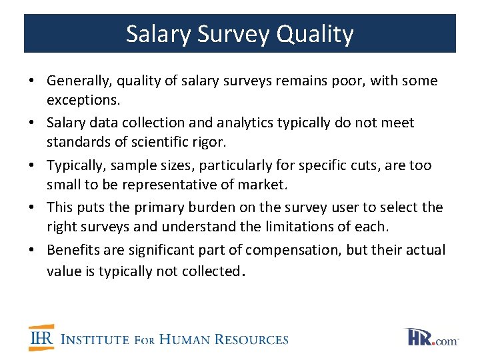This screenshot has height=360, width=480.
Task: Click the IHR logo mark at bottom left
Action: pos(42,339)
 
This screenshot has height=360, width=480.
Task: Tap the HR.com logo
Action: pos(431,337)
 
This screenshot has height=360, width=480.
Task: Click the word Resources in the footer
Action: pos(249,339)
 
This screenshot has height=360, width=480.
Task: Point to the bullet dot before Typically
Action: pos(32,165)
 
